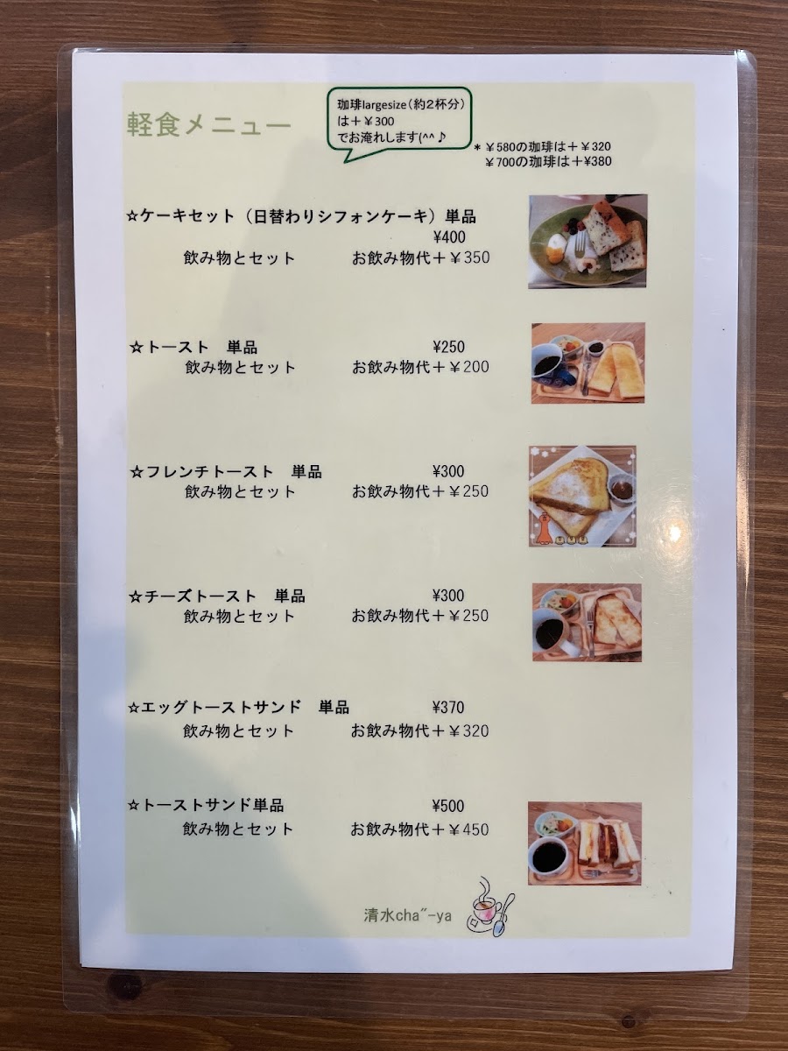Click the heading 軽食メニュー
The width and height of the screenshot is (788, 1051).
(x=209, y=126)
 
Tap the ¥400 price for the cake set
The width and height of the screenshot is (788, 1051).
(x=449, y=236)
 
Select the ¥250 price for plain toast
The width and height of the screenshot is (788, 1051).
(x=448, y=347)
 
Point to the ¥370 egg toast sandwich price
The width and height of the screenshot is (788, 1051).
(x=447, y=707)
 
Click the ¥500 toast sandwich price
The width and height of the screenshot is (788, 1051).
(x=447, y=806)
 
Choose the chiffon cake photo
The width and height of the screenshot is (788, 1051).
(x=587, y=242)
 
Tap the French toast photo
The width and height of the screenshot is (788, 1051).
(x=582, y=496)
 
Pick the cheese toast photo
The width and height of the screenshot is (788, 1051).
(x=587, y=622)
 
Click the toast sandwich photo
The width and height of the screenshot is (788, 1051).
(x=585, y=843)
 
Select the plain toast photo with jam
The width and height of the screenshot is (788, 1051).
(x=588, y=363)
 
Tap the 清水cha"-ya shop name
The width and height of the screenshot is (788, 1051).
(x=408, y=915)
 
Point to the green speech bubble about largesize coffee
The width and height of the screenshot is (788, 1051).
(x=399, y=123)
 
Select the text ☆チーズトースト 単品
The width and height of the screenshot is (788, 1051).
(x=217, y=596)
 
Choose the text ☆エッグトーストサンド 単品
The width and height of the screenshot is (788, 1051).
(x=238, y=707)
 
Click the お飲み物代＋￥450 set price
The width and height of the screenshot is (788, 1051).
(x=419, y=829)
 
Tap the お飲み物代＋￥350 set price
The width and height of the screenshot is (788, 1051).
(x=421, y=257)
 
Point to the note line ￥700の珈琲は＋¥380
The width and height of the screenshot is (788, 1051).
(x=548, y=161)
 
